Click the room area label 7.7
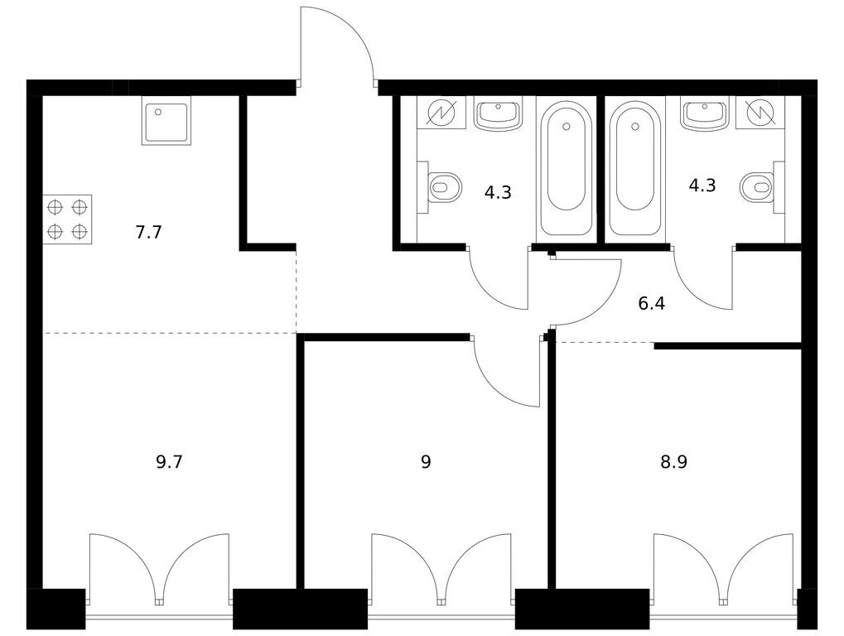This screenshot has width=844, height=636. tap(148, 233)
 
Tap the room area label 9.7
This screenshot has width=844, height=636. tap(170, 461)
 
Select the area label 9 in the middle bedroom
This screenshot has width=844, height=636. tap(426, 461)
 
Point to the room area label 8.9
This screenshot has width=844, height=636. tap(674, 461)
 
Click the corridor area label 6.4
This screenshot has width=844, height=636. tap(651, 304)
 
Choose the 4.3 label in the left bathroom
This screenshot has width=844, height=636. tap(498, 192)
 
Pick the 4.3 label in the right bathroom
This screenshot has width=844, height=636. tap(702, 185)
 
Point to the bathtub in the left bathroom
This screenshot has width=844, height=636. tap(566, 169)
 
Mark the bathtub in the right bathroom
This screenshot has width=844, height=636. tap(635, 169)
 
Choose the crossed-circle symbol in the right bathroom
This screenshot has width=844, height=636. tap(760, 113)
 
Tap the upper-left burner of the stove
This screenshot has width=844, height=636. tap(55, 207)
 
